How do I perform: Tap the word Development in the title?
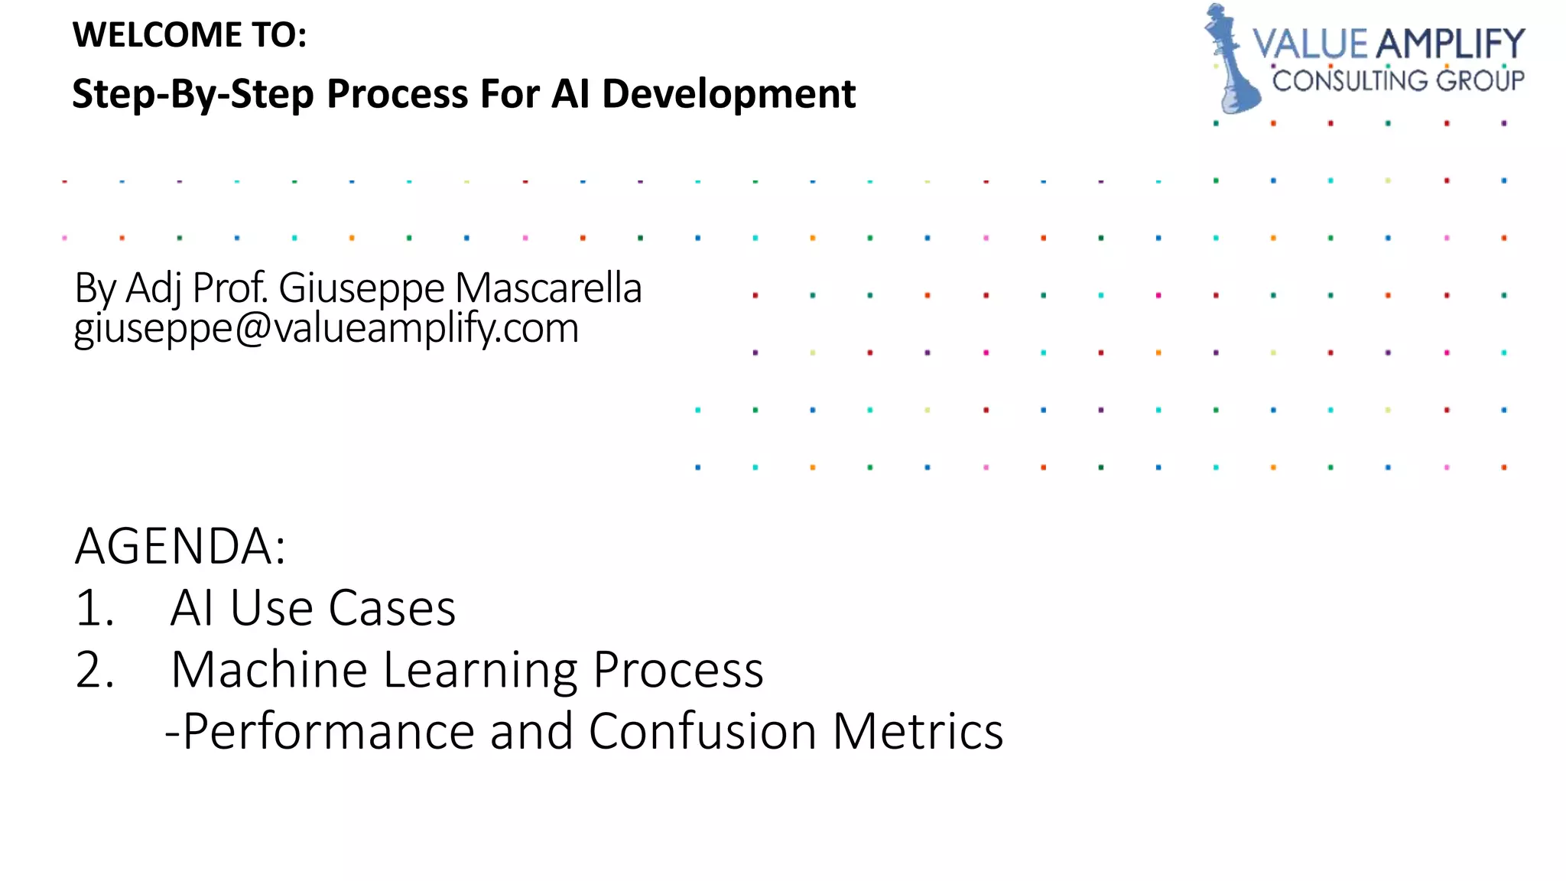tap(728, 95)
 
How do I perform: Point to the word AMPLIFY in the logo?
tap(1450, 44)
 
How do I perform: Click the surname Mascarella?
tap(548, 288)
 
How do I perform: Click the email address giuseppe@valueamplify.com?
tap(327, 328)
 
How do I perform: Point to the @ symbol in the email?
tap(252, 328)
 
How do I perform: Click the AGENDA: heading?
tap(180, 546)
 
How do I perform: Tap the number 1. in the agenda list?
tap(95, 609)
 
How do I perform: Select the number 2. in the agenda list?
tap(95, 670)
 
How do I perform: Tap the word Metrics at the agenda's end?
tap(918, 731)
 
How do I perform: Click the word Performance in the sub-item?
tap(330, 731)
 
